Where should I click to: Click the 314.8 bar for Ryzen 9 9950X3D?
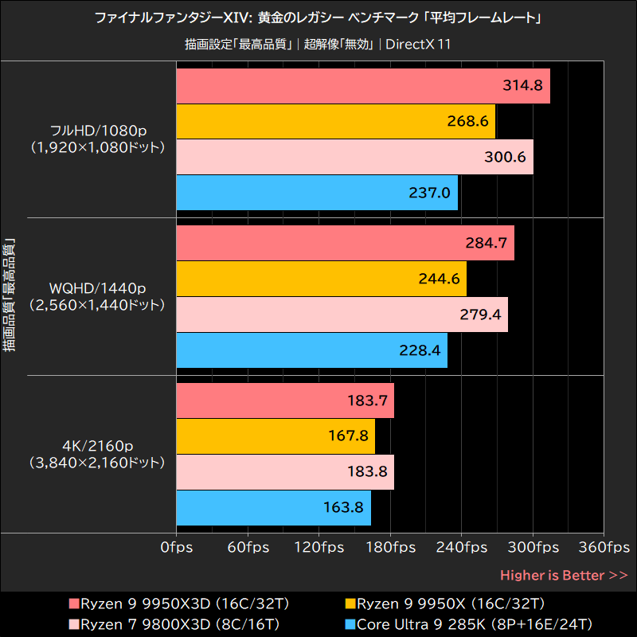[362, 86]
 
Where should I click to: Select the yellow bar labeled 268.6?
[335, 121]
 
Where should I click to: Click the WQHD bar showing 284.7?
[344, 243]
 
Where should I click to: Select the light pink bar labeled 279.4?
[341, 314]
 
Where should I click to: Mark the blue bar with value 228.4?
[311, 350]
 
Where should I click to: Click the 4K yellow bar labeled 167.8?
[275, 436]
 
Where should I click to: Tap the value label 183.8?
[368, 471]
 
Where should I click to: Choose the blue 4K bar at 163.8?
[273, 506]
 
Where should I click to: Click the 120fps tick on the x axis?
[318, 548]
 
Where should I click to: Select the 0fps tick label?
[175, 548]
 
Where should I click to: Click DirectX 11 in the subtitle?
[418, 44]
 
